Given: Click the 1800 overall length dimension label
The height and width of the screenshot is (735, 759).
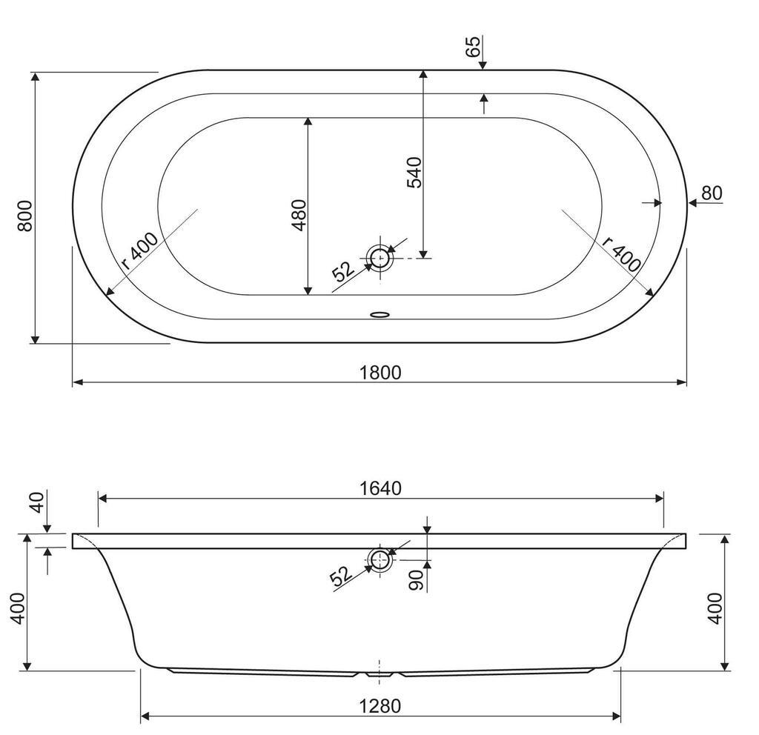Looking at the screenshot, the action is click(380, 372).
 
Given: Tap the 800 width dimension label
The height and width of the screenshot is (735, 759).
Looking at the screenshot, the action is click(24, 216).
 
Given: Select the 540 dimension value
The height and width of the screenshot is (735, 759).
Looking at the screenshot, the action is click(414, 172).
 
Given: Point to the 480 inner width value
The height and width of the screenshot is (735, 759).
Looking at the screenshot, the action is click(299, 215).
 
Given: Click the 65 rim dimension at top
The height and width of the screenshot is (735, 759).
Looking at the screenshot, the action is click(474, 47).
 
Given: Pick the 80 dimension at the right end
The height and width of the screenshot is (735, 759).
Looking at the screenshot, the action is click(711, 193).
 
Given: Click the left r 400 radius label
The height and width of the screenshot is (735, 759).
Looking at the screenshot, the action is click(139, 252).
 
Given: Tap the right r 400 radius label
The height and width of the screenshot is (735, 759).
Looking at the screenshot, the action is click(622, 255).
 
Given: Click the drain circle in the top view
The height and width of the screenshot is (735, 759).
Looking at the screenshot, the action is click(380, 257).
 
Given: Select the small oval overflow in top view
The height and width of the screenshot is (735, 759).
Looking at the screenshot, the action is click(379, 314).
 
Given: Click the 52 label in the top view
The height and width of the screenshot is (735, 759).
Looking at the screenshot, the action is click(344, 272).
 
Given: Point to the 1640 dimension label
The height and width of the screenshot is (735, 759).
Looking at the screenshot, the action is click(380, 488).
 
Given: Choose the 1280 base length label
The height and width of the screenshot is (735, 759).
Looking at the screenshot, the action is click(380, 706).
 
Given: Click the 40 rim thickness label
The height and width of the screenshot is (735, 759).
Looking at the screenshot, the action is click(37, 502).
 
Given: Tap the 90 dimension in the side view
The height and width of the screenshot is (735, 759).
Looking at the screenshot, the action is click(417, 579).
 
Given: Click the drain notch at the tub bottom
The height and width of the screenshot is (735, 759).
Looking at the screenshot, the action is click(379, 674).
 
